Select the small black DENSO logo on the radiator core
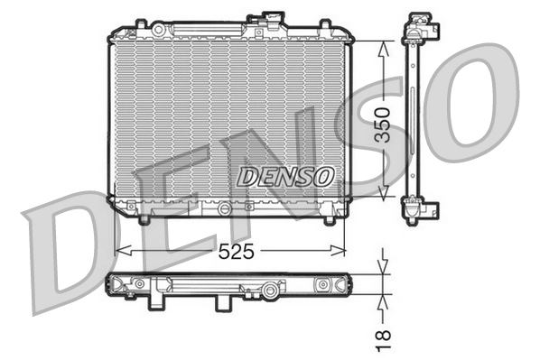284,177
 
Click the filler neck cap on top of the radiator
271,19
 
